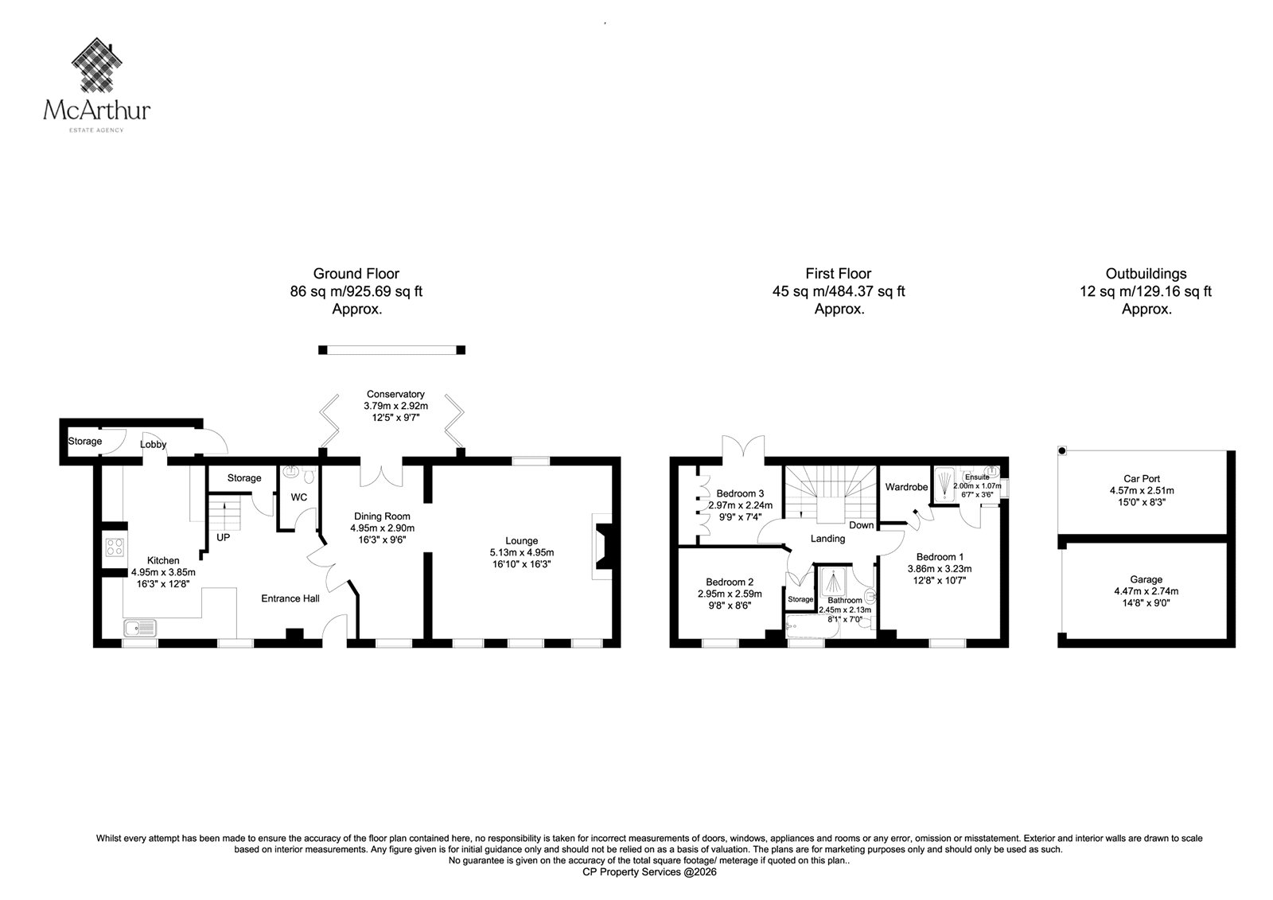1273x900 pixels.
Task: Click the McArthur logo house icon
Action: (x=96, y=64)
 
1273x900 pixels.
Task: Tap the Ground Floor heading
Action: (x=356, y=274)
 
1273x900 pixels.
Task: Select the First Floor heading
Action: (x=839, y=274)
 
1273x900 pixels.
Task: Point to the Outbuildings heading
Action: (x=1146, y=274)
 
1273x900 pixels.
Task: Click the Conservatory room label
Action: (x=395, y=394)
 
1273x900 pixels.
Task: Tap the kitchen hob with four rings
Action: (x=115, y=547)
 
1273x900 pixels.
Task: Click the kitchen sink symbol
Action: (x=140, y=628)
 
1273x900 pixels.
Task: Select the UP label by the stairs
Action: (x=224, y=537)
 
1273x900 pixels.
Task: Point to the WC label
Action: (x=299, y=497)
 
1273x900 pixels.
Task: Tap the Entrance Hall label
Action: (x=290, y=598)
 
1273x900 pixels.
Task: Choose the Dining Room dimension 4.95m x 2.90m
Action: (x=382, y=528)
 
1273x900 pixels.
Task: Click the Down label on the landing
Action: (x=862, y=525)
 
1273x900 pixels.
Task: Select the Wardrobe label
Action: (x=906, y=487)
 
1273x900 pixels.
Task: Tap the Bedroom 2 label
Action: (x=730, y=582)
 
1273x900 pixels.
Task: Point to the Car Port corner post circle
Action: (x=1061, y=451)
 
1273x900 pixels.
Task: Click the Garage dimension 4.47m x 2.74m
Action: (x=1146, y=591)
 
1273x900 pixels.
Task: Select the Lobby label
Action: (x=153, y=445)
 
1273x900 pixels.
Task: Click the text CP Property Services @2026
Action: (x=649, y=872)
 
